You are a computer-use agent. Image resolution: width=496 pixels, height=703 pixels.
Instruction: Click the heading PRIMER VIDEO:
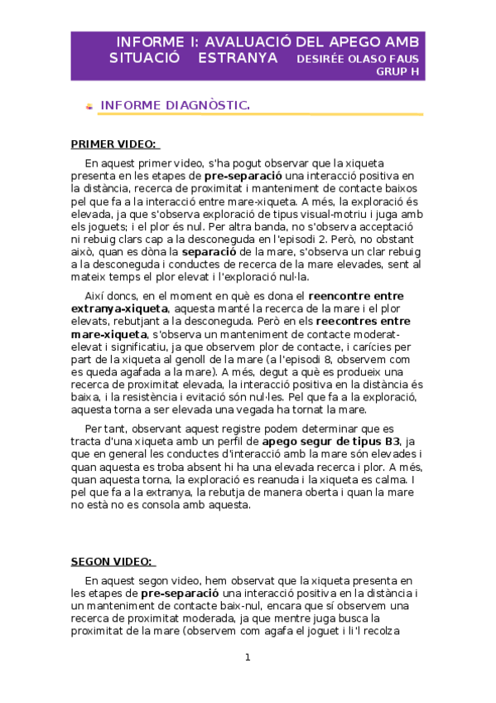click(115, 144)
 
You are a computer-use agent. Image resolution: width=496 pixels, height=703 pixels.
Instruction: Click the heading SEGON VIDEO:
click(113, 561)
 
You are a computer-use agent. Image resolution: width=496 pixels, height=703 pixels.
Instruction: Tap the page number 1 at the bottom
click(247, 657)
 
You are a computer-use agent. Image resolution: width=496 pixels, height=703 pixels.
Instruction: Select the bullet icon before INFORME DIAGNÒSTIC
click(89, 106)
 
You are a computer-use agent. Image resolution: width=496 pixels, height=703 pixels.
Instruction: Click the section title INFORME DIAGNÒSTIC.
click(175, 105)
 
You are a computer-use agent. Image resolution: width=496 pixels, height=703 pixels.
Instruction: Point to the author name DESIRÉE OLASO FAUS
click(358, 59)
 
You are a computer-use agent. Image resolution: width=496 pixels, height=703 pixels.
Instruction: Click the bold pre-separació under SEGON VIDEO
click(180, 594)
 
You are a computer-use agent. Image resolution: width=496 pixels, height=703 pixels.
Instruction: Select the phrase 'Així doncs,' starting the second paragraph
click(111, 295)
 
